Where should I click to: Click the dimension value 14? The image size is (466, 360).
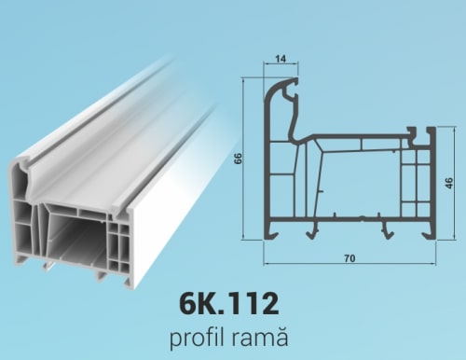click(x=281, y=59)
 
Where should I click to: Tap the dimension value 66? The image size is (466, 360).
click(x=238, y=159)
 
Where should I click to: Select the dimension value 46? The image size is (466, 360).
click(x=449, y=183)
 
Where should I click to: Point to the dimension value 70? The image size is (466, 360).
click(x=349, y=258)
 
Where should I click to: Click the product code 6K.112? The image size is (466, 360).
click(x=229, y=304)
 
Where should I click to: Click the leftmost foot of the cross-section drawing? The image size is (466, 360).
click(x=271, y=230)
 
